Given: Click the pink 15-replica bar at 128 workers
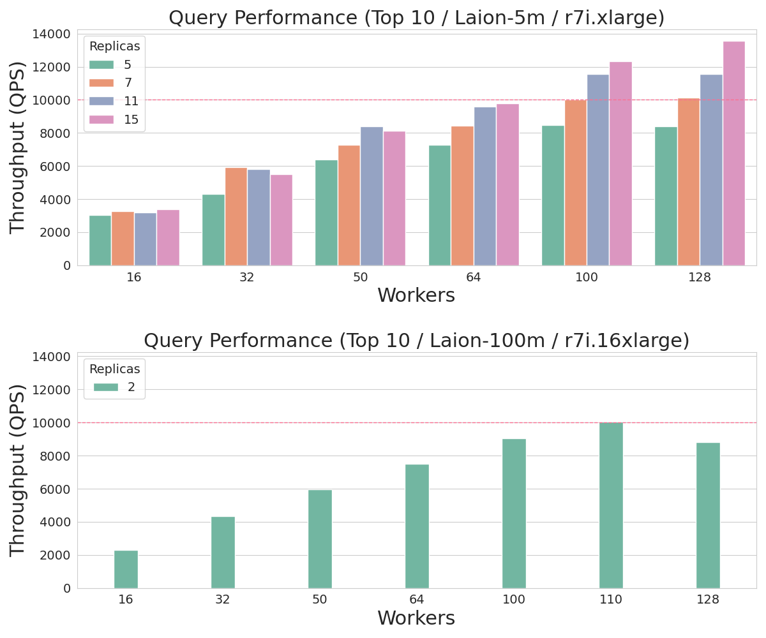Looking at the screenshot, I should coord(733,153).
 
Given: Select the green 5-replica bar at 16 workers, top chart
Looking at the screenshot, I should coord(100,241).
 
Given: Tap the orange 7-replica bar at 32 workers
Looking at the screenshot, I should coord(236,216).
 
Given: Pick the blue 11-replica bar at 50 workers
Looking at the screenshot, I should coord(372,196).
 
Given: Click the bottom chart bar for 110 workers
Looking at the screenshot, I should coord(611,505).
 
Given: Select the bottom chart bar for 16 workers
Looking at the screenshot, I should coord(126,569).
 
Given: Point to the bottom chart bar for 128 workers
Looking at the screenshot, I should coord(708,516).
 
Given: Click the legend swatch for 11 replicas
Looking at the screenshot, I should coord(101,101).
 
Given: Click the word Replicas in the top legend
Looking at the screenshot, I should coord(114,47).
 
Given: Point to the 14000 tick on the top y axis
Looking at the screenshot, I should coord(51,34).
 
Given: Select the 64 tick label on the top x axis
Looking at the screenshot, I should coord(473,278).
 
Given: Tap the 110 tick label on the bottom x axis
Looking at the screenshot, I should coord(611,600).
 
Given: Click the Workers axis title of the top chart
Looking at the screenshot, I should coord(416,296).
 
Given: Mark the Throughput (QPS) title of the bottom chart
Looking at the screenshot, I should coord(18,470).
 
